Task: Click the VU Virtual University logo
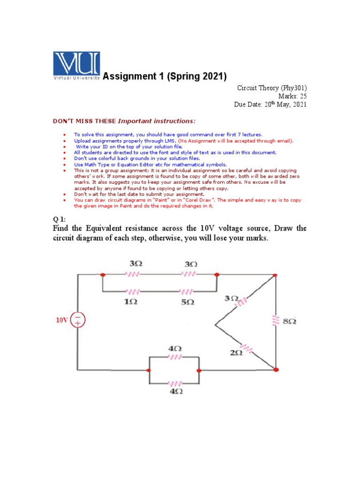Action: click(76, 67)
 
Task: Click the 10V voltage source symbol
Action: click(78, 321)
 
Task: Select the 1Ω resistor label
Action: click(130, 302)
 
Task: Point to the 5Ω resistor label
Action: click(187, 302)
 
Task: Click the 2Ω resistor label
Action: click(236, 352)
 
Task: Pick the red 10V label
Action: click(62, 321)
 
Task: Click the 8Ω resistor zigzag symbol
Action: click(275, 321)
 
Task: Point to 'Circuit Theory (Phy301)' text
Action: click(272, 87)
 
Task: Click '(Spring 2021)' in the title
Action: click(196, 76)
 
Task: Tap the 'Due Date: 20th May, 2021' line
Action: click(270, 105)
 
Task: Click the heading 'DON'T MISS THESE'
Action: click(83, 122)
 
